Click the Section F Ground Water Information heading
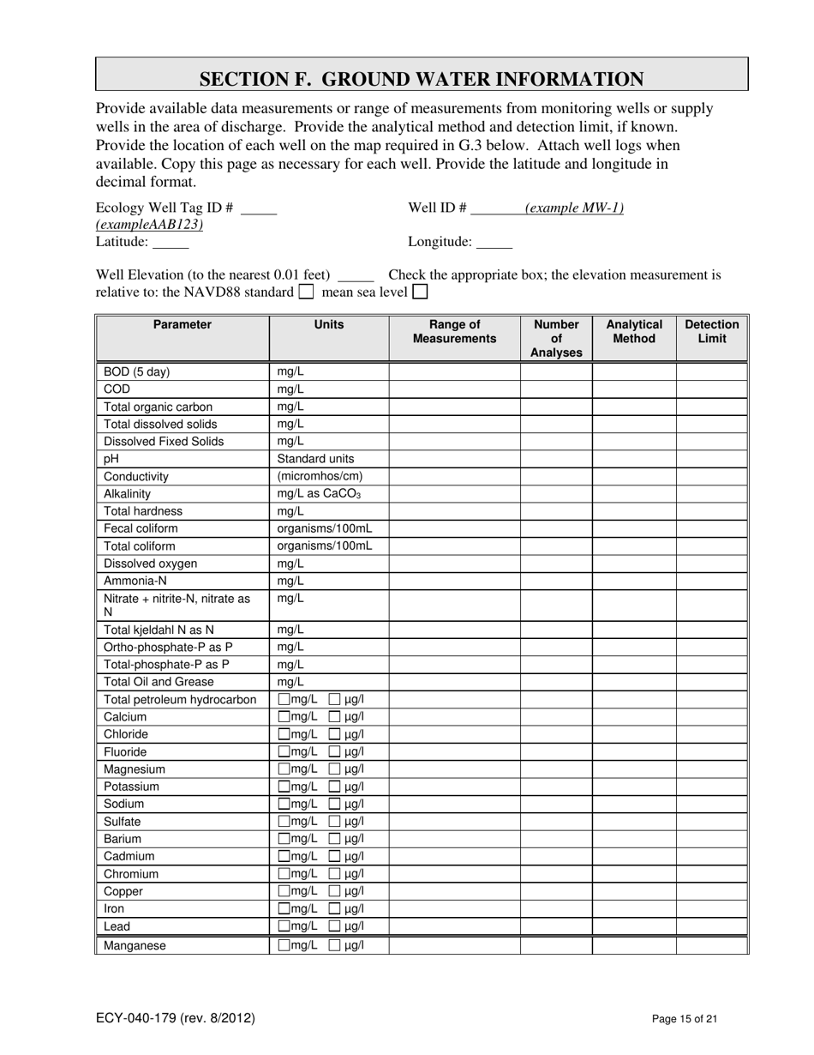[x=422, y=79]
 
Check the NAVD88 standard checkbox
[x=306, y=292]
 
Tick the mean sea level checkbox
[x=420, y=292]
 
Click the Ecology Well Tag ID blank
[x=260, y=208]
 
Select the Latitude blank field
[x=170, y=243]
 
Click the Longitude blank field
[x=494, y=243]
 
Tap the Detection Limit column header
[x=712, y=332]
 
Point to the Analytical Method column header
[x=634, y=332]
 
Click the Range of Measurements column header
[x=454, y=332]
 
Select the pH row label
[x=111, y=459]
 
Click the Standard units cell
[x=315, y=459]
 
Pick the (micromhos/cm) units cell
[x=320, y=476]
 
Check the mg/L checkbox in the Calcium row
[x=284, y=717]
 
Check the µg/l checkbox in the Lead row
[x=336, y=926]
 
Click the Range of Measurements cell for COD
[x=454, y=389]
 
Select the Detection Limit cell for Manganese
[x=712, y=945]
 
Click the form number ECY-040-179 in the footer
[x=175, y=1019]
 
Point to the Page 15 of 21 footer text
[x=684, y=1020]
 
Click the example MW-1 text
[x=574, y=208]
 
